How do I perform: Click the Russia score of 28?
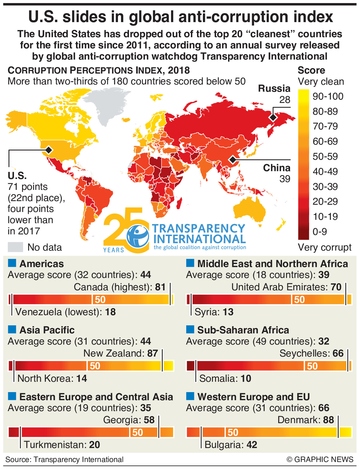(x=285, y=100)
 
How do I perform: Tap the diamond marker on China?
(x=233, y=160)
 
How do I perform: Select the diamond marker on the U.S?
(x=49, y=150)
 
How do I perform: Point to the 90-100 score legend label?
(x=328, y=96)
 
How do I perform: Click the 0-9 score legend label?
(x=319, y=232)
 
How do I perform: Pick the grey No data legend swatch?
(x=15, y=247)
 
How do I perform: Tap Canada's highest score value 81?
(x=160, y=287)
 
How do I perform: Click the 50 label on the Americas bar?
(x=100, y=300)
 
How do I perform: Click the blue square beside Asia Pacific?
(x=12, y=330)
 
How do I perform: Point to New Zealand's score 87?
(x=153, y=353)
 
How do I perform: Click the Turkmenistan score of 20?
(x=94, y=445)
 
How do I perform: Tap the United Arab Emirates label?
(x=279, y=287)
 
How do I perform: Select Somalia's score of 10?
(x=246, y=379)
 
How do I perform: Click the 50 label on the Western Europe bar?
(x=233, y=433)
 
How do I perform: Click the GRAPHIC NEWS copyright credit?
(x=320, y=459)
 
